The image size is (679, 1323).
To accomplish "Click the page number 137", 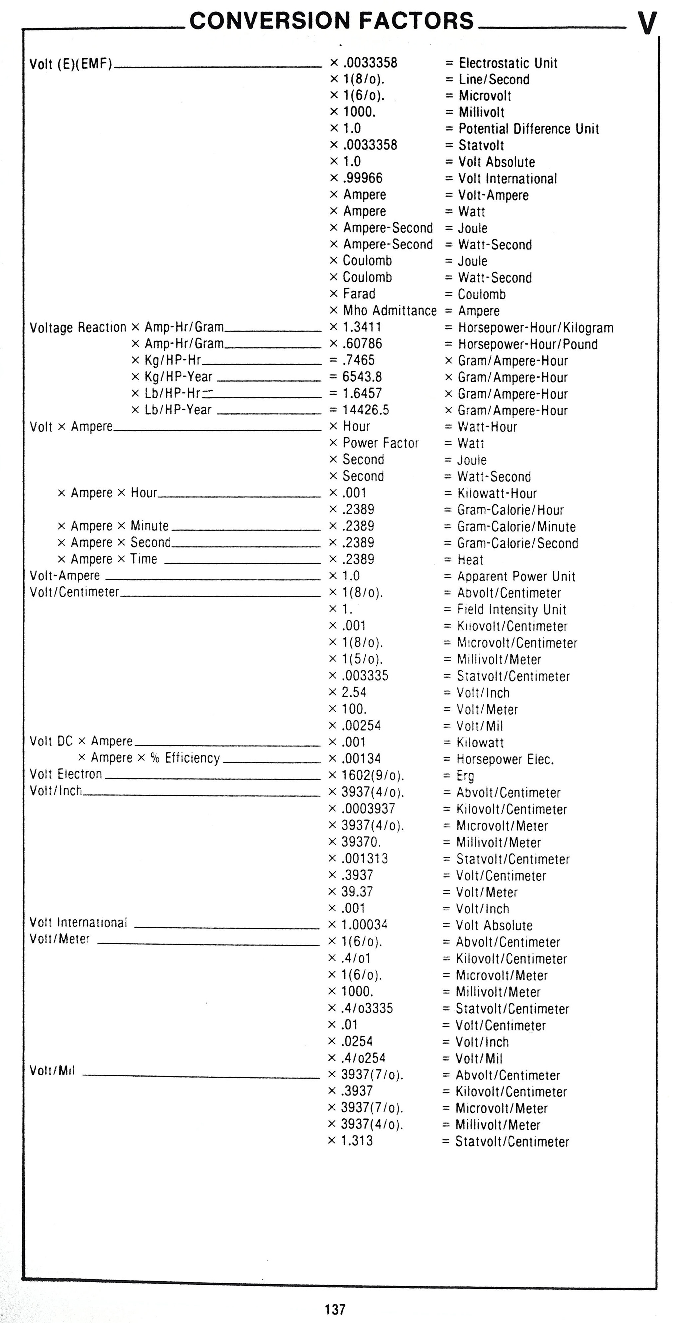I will click(x=335, y=1309).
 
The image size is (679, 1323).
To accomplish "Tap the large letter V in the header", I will click(x=647, y=23).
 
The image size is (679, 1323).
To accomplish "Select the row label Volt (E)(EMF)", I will click(x=70, y=64).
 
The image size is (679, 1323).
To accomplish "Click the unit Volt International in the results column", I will click(x=507, y=178).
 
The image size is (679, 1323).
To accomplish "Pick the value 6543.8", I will click(x=362, y=377).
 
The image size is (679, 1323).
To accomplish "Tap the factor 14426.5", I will click(x=365, y=410).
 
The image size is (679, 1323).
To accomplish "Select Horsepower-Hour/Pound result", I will click(x=527, y=344).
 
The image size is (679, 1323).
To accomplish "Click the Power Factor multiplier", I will click(x=380, y=443).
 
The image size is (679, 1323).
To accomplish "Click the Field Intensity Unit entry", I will click(x=511, y=610).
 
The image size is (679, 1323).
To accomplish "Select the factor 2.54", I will click(x=354, y=692).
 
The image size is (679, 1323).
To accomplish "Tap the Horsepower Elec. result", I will click(x=505, y=759).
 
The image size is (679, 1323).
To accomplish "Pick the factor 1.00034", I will click(x=364, y=924).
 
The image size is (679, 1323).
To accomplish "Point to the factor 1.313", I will click(x=357, y=1141).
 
